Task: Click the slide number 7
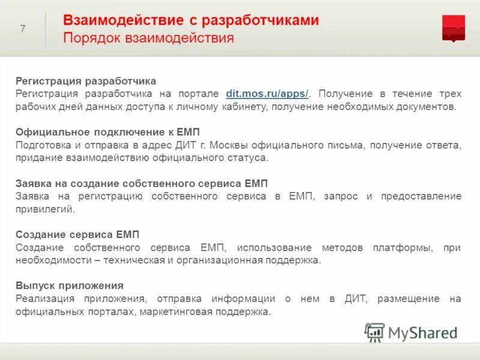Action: click(x=23, y=29)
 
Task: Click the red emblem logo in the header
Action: click(x=453, y=28)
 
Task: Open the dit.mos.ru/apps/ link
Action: click(x=267, y=94)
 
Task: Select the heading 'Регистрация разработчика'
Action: click(x=86, y=80)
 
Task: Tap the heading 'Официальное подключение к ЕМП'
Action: click(x=107, y=132)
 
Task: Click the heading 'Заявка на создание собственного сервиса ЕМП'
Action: click(x=142, y=184)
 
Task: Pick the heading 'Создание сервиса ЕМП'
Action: click(x=77, y=235)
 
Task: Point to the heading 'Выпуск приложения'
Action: click(x=70, y=286)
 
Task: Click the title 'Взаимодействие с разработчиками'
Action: click(x=191, y=20)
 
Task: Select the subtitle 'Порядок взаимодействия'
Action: click(x=148, y=38)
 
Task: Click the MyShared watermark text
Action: click(x=422, y=332)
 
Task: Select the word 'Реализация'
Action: click(x=45, y=299)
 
